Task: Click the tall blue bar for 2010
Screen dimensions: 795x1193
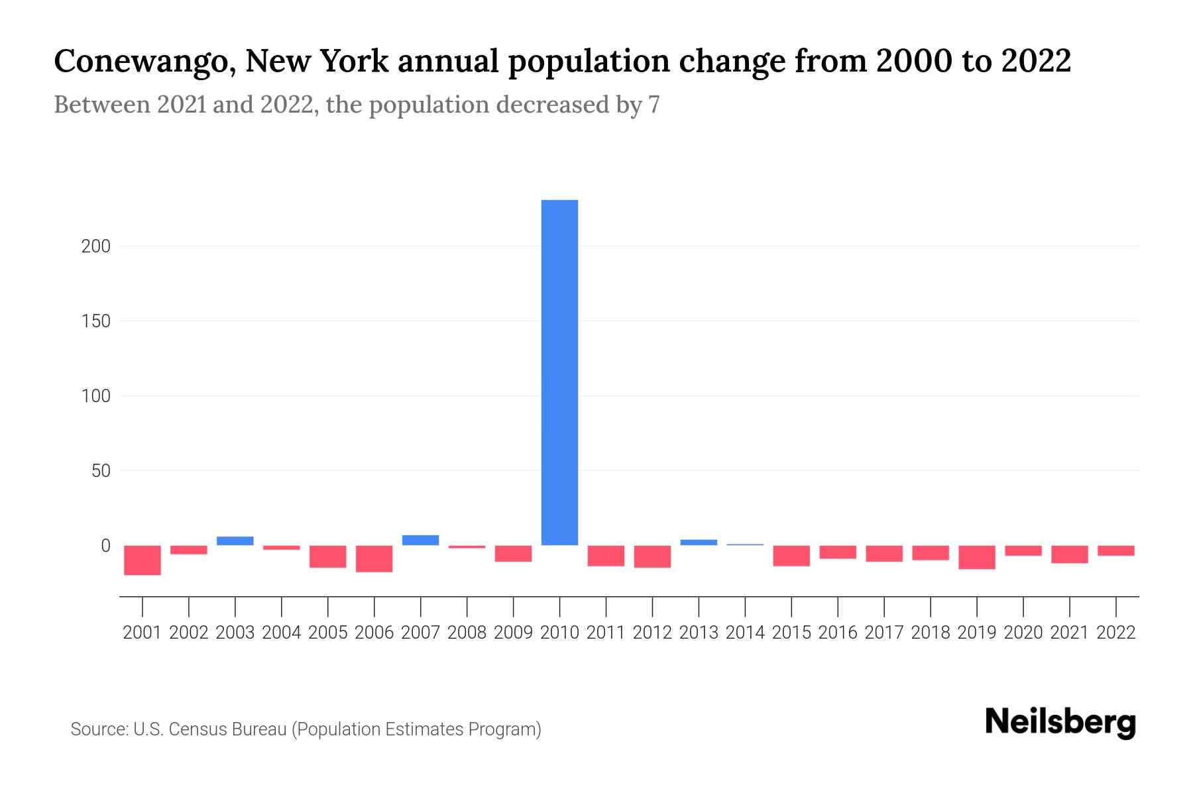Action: pos(559,372)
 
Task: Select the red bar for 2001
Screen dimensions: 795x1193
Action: pos(142,560)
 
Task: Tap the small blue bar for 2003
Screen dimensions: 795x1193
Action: pos(235,541)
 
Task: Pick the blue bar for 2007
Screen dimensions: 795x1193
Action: pos(420,540)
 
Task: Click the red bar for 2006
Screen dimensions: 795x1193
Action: pos(374,558)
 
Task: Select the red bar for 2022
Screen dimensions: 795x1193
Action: pos(1115,551)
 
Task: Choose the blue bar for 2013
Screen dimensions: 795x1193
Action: pos(699,543)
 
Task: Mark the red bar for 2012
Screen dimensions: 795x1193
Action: pos(652,556)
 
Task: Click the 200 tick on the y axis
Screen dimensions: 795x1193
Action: pos(95,246)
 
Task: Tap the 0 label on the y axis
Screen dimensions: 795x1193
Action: pos(105,546)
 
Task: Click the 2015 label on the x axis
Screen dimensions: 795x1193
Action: pos(791,633)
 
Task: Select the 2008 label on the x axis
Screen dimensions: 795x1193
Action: pos(467,633)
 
